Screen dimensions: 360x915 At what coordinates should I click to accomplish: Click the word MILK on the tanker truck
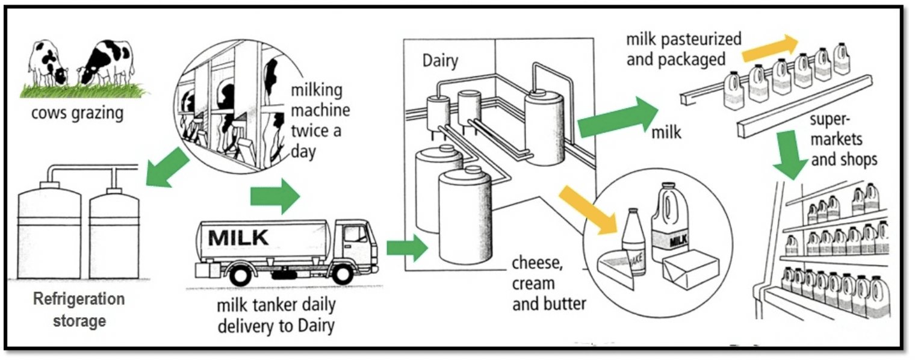pyautogui.click(x=238, y=237)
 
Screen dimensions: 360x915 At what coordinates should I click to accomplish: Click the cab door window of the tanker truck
pyautogui.click(x=355, y=234)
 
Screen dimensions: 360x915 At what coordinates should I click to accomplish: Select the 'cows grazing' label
pyautogui.click(x=78, y=114)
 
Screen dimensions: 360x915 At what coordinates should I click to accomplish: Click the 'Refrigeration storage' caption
pyautogui.click(x=79, y=309)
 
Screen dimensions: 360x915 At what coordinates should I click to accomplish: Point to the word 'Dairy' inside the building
pyautogui.click(x=439, y=61)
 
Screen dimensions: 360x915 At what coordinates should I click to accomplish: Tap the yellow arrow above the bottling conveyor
pyautogui.click(x=769, y=48)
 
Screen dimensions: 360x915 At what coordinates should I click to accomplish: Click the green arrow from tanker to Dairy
pyautogui.click(x=406, y=246)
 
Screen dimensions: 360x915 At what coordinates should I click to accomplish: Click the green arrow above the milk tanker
pyautogui.click(x=274, y=196)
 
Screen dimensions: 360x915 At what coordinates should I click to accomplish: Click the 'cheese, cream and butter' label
pyautogui.click(x=548, y=283)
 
